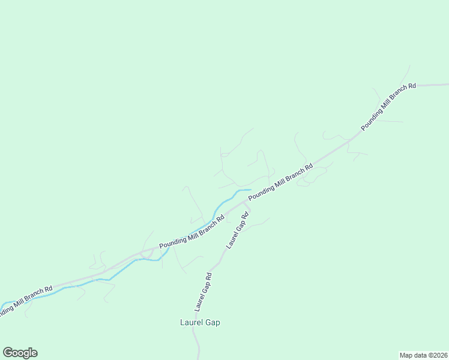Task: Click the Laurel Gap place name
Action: coord(200,322)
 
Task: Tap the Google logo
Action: coord(20,353)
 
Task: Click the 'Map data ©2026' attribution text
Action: coord(423,355)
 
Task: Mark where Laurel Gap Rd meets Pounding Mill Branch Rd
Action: coord(244,202)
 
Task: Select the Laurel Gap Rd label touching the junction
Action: coord(237,230)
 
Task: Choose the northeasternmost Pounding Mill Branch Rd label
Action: coord(388,107)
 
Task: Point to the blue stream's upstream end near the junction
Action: coord(250,190)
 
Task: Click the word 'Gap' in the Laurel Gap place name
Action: coord(211,322)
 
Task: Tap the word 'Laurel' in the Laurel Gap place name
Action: coord(190,322)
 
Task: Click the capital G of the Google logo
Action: coord(8,352)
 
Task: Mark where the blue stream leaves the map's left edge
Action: coord(1,308)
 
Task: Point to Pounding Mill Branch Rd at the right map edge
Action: coord(447,85)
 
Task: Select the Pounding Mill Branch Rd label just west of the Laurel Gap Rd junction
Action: coord(191,232)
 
